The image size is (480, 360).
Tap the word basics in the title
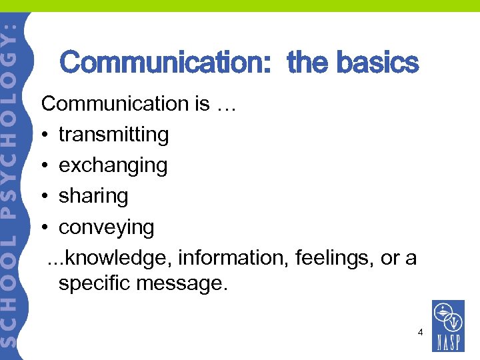[377, 63]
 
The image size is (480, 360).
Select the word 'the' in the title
[309, 63]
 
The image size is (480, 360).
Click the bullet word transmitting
[113, 135]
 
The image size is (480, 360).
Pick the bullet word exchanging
[113, 165]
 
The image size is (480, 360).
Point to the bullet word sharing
[93, 196]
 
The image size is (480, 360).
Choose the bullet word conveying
[106, 227]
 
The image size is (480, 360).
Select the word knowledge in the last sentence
[119, 258]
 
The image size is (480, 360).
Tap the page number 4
[420, 331]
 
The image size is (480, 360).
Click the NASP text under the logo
[448, 343]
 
